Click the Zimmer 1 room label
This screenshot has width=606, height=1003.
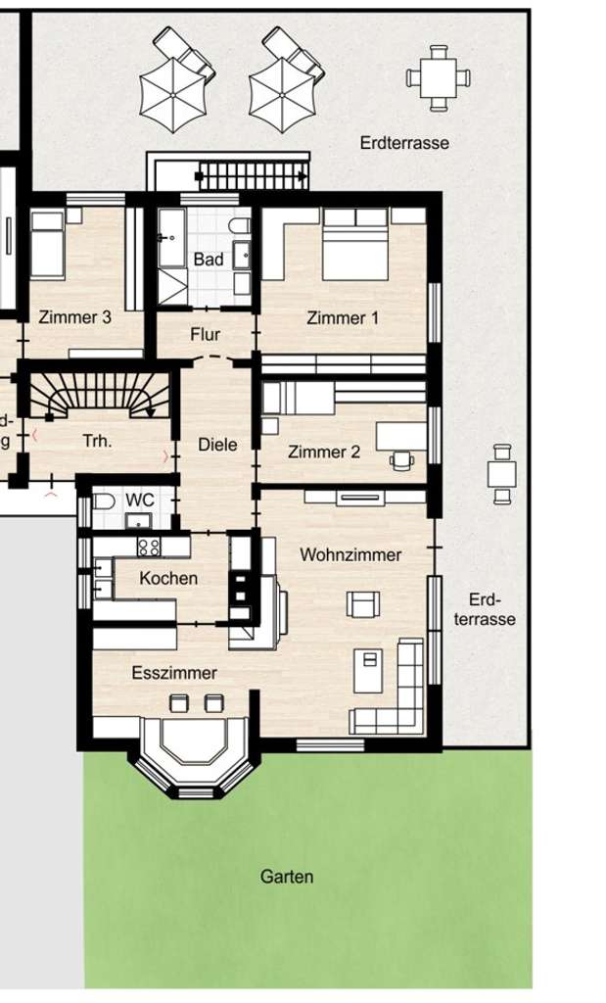[343, 318]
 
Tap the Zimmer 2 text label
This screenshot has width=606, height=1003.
[323, 453]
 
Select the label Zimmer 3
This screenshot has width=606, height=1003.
[74, 317]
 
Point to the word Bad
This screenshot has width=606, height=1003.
[209, 260]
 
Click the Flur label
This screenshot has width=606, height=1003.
[205, 335]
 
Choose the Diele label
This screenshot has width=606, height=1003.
[217, 445]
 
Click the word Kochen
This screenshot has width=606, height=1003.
[168, 579]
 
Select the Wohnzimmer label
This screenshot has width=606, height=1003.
[350, 555]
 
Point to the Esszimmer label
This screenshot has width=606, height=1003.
[174, 673]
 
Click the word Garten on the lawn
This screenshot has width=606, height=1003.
[287, 877]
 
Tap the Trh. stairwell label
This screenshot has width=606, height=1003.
[97, 442]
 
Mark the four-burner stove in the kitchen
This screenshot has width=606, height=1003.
[150, 547]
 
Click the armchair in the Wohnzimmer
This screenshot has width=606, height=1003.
[361, 604]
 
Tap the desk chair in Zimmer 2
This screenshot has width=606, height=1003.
[401, 460]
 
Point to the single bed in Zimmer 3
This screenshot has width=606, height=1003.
[46, 245]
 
